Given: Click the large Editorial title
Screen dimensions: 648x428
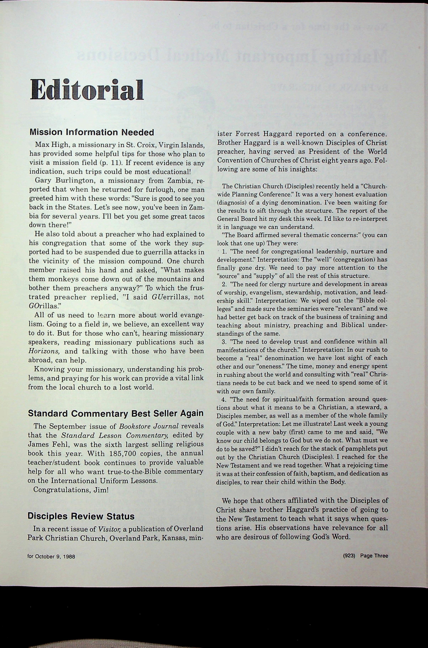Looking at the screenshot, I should (87, 90).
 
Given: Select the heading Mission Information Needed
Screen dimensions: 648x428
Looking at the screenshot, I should (92, 132).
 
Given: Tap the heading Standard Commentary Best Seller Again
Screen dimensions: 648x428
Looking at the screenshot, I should (116, 413).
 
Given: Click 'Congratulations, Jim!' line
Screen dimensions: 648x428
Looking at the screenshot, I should (71, 490).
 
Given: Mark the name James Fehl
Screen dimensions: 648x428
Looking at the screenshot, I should (45, 444).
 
